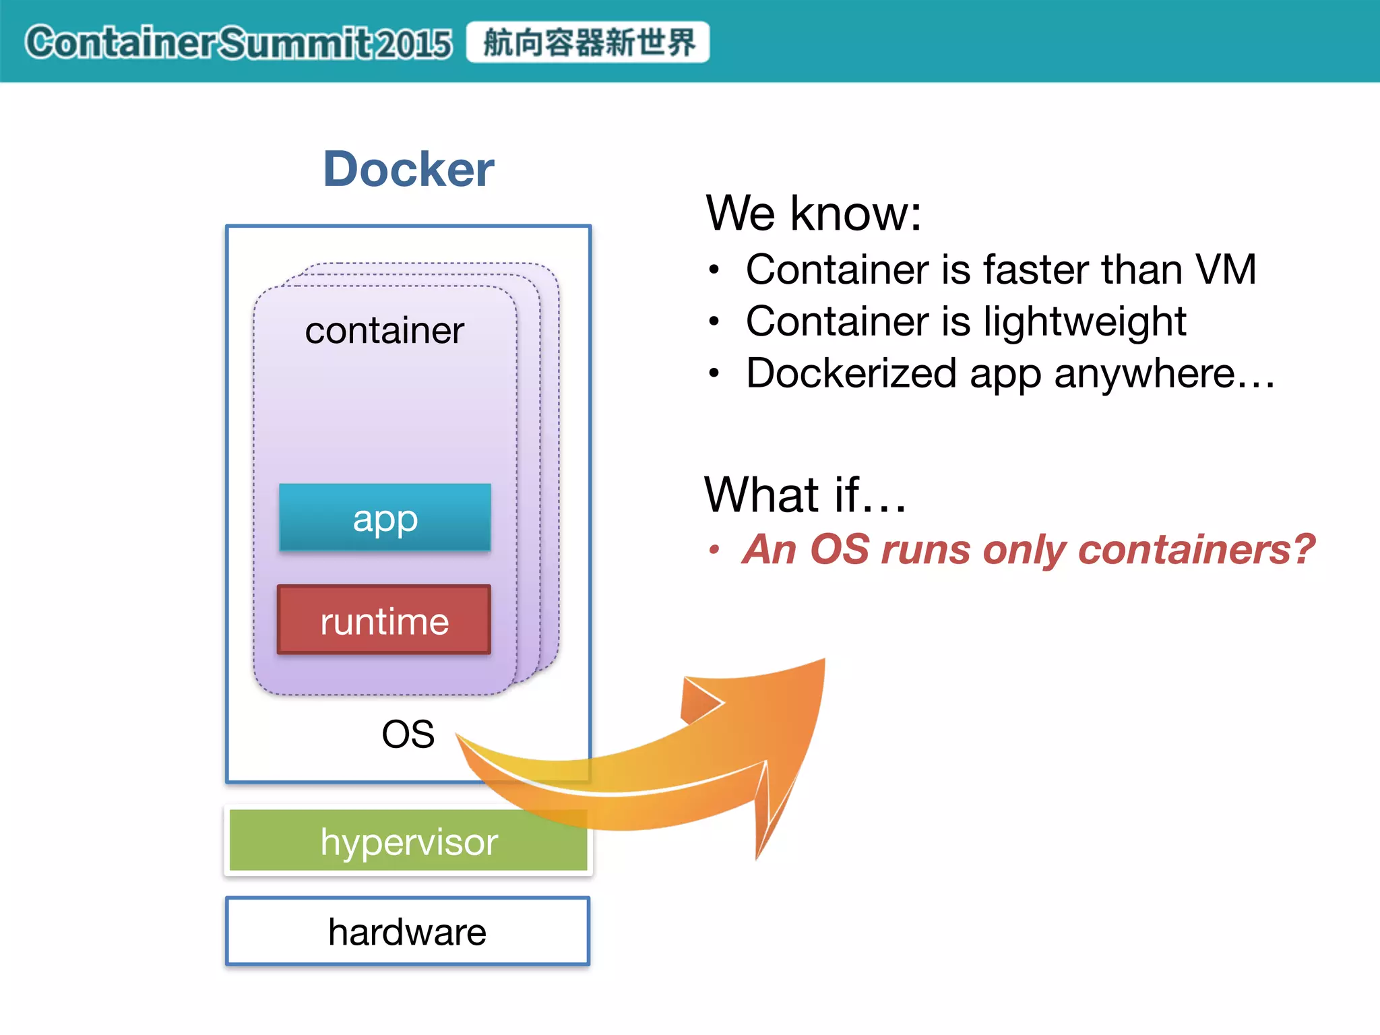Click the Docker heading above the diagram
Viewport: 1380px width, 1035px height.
pyautogui.click(x=408, y=169)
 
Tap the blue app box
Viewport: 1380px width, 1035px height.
pyautogui.click(x=385, y=517)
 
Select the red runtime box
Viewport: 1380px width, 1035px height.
pyautogui.click(x=384, y=620)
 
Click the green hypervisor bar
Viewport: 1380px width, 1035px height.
pyautogui.click(x=408, y=841)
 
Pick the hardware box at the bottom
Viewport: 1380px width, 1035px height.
pyautogui.click(x=408, y=932)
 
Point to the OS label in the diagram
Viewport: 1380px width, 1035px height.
pyautogui.click(x=408, y=734)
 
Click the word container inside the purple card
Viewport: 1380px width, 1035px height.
pyautogui.click(x=384, y=331)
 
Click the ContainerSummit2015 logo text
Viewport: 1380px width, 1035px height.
pyautogui.click(x=239, y=43)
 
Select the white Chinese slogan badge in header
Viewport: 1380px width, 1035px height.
pyautogui.click(x=588, y=42)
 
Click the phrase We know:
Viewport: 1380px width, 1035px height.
pyautogui.click(x=813, y=214)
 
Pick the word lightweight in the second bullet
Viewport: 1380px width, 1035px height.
pyautogui.click(x=1084, y=321)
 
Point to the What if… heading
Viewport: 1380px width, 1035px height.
pyautogui.click(x=805, y=495)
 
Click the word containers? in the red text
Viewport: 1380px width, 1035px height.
pyautogui.click(x=1196, y=549)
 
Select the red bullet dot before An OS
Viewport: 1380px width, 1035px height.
pyautogui.click(x=714, y=550)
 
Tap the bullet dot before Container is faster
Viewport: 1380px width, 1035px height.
pyautogui.click(x=714, y=270)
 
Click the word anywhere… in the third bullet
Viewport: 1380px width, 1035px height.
pyautogui.click(x=1164, y=374)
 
